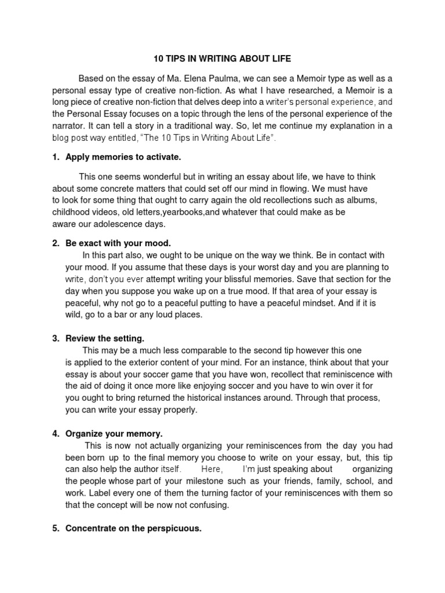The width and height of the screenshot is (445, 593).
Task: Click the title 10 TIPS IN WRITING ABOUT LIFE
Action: (x=222, y=58)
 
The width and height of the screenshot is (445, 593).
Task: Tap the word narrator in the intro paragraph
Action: (x=70, y=126)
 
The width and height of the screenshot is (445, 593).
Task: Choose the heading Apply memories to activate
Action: (x=123, y=157)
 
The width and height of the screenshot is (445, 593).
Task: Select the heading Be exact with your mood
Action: (x=118, y=243)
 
